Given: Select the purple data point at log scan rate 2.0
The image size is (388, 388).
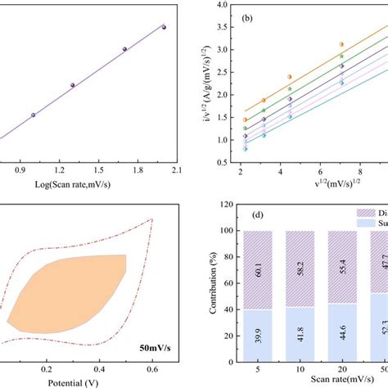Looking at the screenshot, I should (164, 27).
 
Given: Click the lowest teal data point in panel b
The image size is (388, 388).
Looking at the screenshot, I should (245, 149).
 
